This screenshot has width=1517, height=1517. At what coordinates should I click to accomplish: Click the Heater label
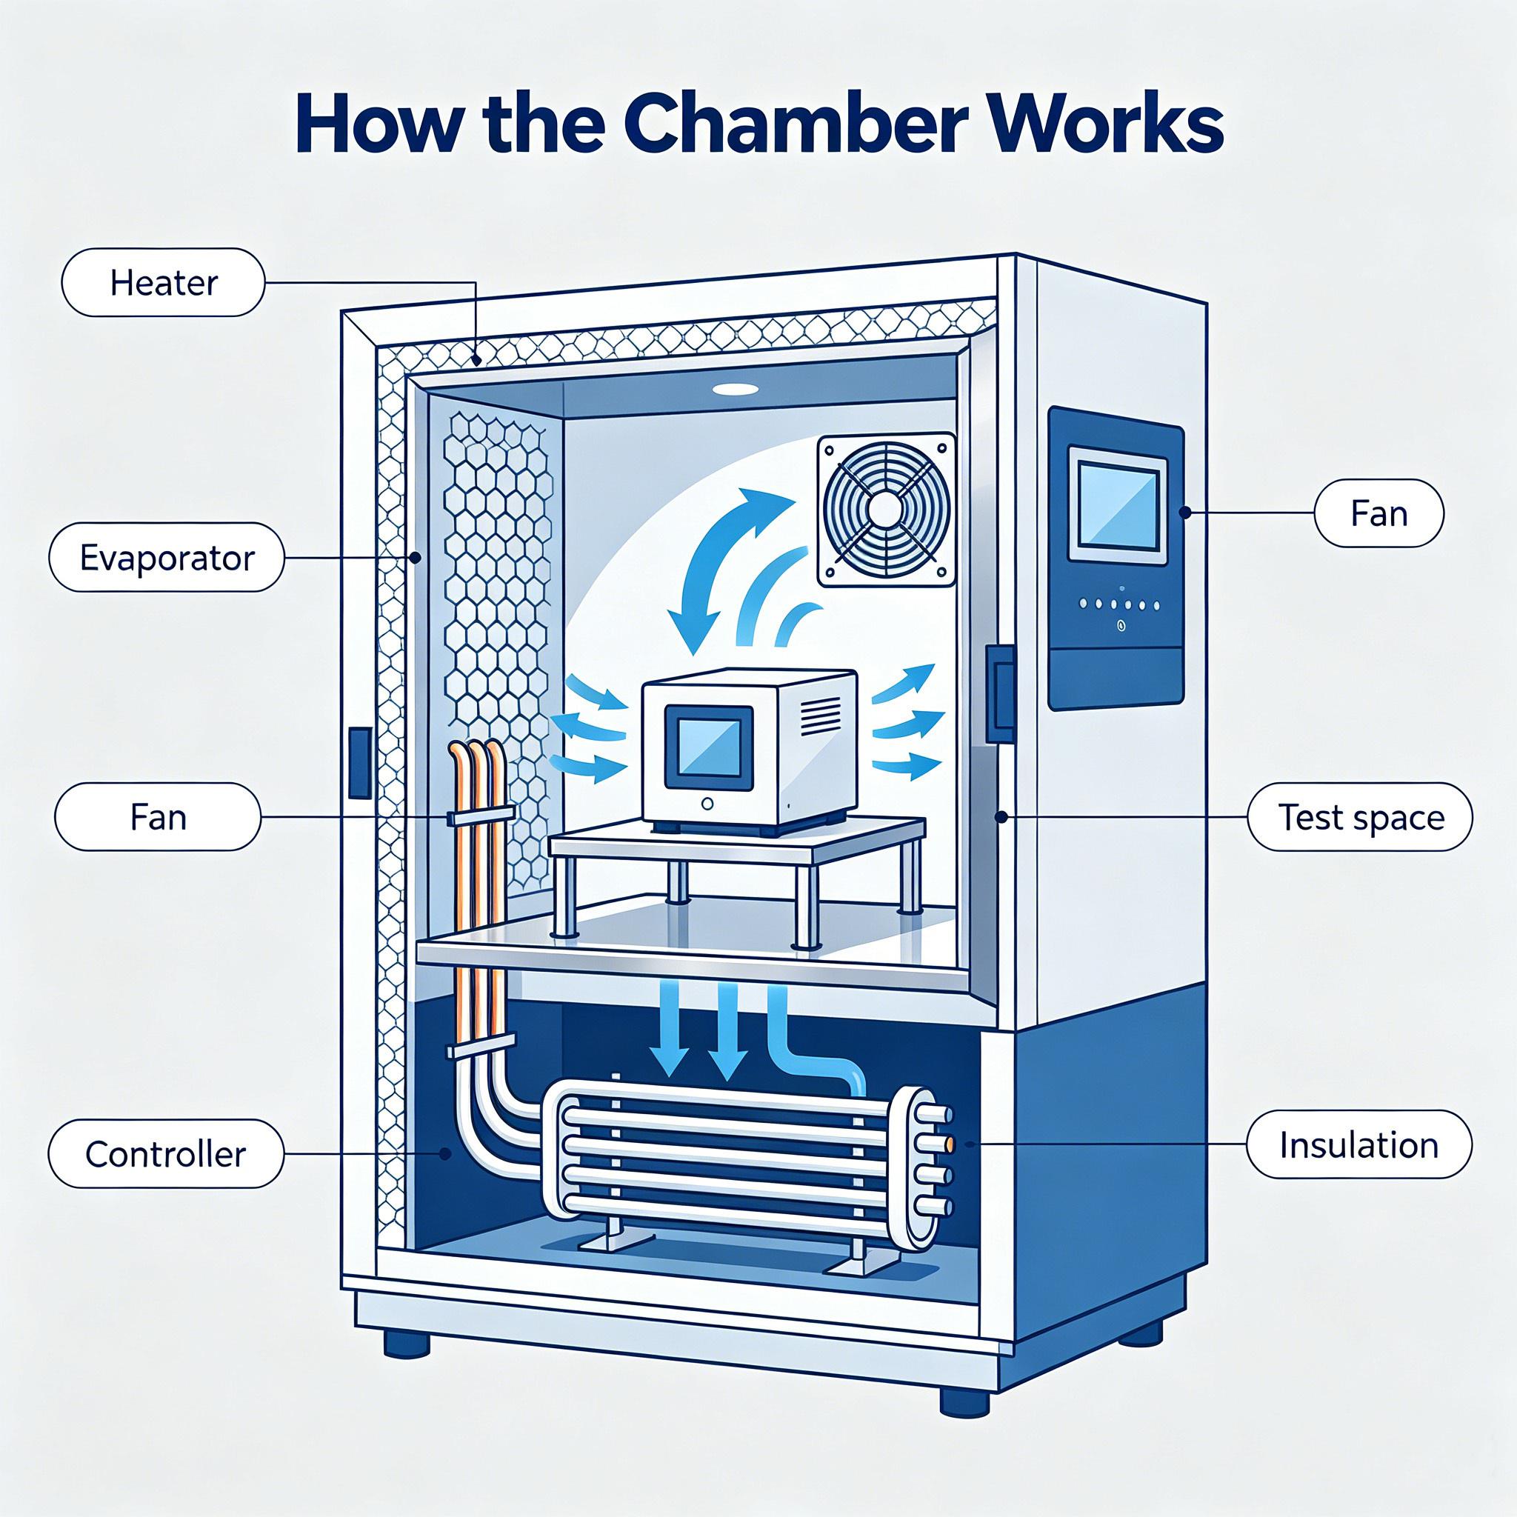(x=163, y=283)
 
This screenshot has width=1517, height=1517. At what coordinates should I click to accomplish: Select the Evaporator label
(x=167, y=558)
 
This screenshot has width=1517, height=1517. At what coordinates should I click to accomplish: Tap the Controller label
(x=166, y=1153)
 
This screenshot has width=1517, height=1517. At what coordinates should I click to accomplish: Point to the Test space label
(x=1361, y=818)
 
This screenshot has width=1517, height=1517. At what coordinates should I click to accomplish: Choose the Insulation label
(x=1359, y=1145)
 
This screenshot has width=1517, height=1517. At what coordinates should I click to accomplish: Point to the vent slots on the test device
(x=816, y=717)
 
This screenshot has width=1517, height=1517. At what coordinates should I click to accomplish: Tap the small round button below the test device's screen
(x=708, y=804)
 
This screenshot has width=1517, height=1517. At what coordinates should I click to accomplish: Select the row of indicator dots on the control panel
(x=1119, y=604)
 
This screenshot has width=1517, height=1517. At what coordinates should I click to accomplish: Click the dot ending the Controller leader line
(x=446, y=1153)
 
